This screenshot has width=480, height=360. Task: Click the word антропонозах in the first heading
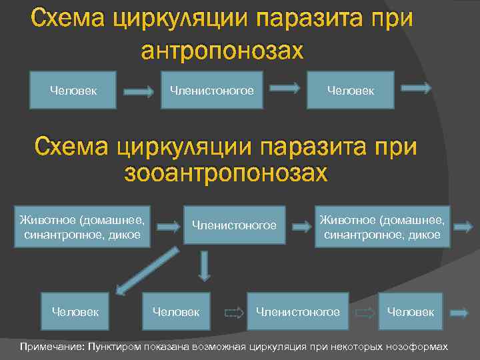coord(222,50)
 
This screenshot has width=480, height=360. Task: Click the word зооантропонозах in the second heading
coord(227,173)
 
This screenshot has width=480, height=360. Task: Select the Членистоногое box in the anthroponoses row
coord(212,90)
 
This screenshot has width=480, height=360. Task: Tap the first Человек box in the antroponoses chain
coord(73,90)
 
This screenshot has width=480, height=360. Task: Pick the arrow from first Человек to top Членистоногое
coord(139,92)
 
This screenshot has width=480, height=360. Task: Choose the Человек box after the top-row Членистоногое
coord(350,90)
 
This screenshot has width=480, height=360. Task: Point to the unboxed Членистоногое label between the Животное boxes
coord(234,225)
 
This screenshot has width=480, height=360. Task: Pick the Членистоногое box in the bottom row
coord(298,311)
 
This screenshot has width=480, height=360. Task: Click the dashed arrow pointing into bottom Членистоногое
coord(234,312)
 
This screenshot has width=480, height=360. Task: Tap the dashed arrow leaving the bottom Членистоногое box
coord(365,312)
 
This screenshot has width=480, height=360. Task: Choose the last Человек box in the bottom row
coord(410,311)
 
